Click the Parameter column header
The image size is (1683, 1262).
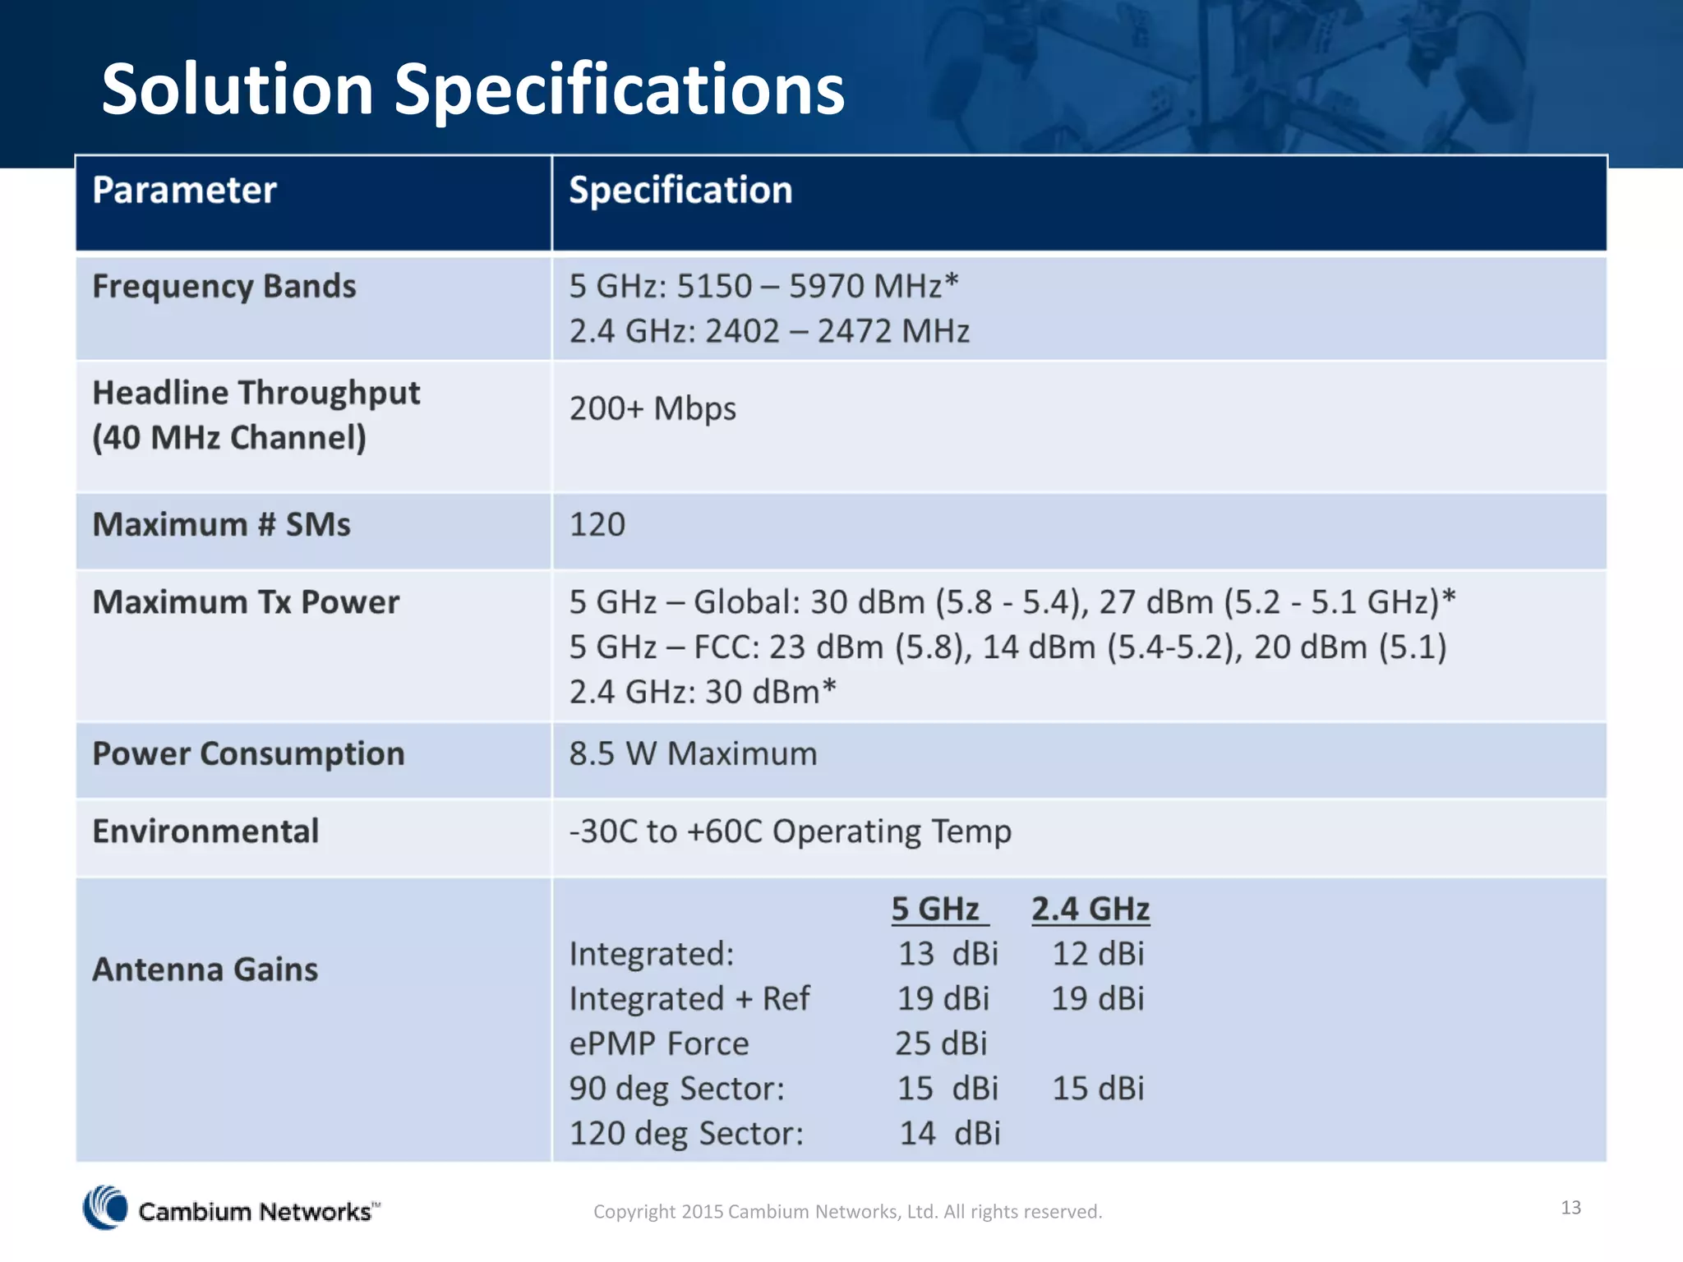pos(184,191)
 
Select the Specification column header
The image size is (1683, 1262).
pos(680,191)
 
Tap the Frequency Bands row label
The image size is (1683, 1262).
pos(224,287)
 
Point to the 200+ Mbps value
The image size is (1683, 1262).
pos(652,408)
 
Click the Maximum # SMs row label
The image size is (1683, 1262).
pos(221,525)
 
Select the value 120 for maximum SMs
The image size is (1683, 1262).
pos(597,525)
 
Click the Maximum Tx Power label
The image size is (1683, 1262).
pos(246,602)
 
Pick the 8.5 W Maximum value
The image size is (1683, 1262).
pos(693,753)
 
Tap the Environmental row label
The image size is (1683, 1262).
pos(205,831)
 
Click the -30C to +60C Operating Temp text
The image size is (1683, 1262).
pos(790,831)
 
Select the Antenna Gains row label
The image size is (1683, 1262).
pos(205,970)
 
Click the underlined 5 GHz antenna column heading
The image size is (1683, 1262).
pos(938,910)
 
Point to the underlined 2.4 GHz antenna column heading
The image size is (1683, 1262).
pos(1090,910)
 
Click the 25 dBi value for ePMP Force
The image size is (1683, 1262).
pos(941,1043)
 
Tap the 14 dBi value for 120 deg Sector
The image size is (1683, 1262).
pos(949,1134)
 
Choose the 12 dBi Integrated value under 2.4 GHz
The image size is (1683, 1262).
pos(1098,954)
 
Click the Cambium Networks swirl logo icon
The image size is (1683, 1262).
pos(105,1208)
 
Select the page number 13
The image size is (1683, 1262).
pos(1570,1207)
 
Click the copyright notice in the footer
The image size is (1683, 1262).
pos(847,1212)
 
